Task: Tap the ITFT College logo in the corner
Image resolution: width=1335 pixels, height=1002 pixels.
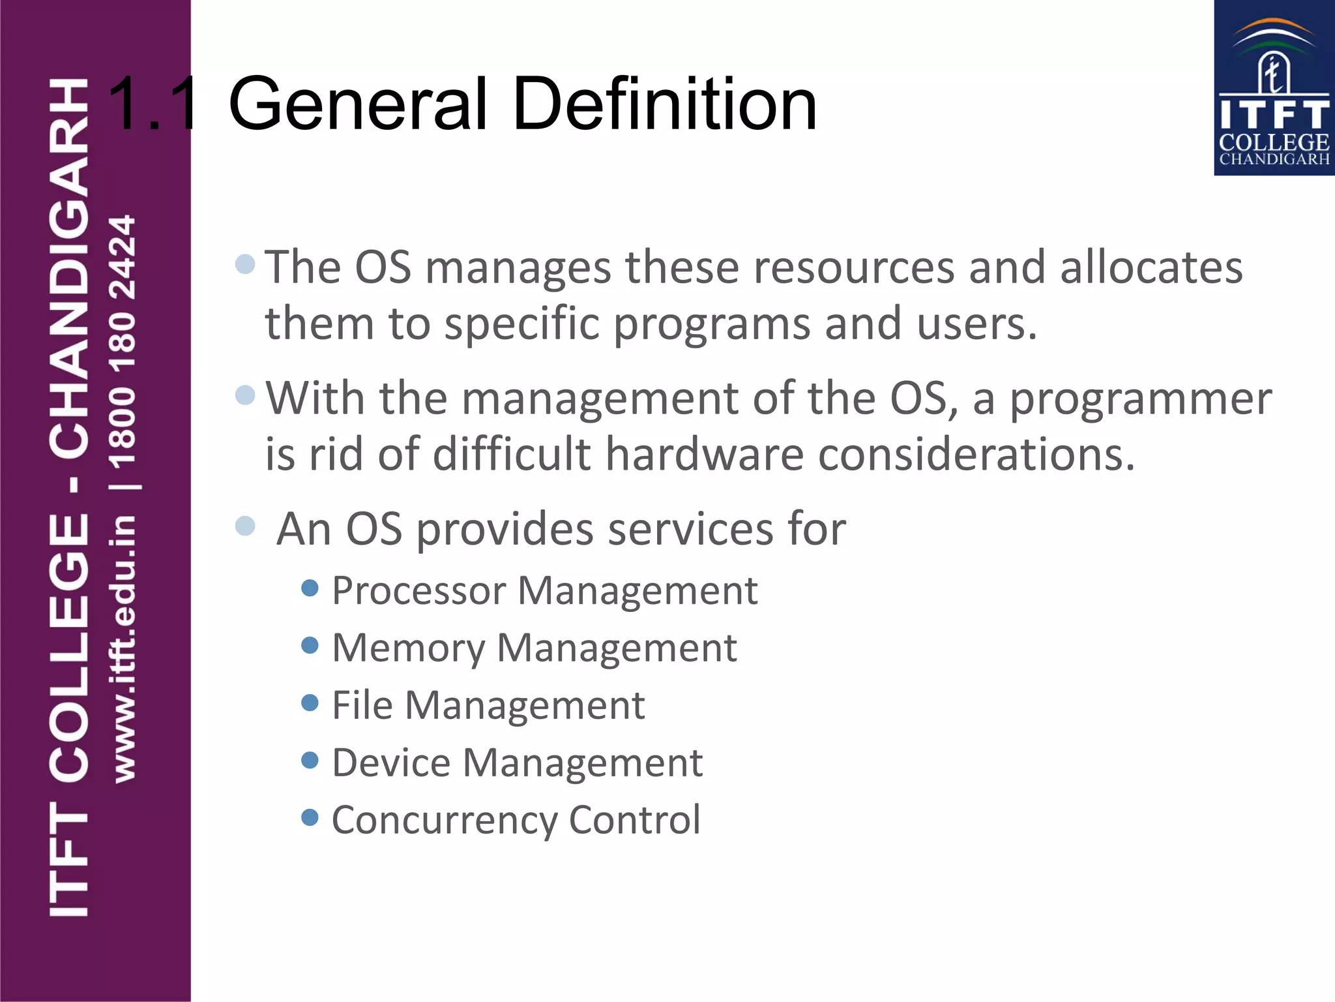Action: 1274,88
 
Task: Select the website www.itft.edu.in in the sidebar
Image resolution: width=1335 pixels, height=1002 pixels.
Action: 124,649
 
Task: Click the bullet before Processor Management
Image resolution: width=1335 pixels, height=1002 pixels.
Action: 310,588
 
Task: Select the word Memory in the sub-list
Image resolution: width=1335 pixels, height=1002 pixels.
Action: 409,648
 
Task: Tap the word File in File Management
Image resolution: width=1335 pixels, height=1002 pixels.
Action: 362,705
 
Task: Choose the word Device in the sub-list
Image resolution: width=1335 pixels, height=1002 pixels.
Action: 391,763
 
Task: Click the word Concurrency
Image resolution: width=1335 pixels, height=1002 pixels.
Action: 444,821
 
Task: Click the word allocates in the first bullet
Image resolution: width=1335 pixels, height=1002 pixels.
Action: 1151,267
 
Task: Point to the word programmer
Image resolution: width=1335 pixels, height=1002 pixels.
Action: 1141,399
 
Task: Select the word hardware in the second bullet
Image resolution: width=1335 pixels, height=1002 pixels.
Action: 704,454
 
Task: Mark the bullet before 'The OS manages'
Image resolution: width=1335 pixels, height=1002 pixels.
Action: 245,264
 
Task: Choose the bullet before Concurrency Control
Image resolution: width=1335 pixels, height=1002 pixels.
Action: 310,817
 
